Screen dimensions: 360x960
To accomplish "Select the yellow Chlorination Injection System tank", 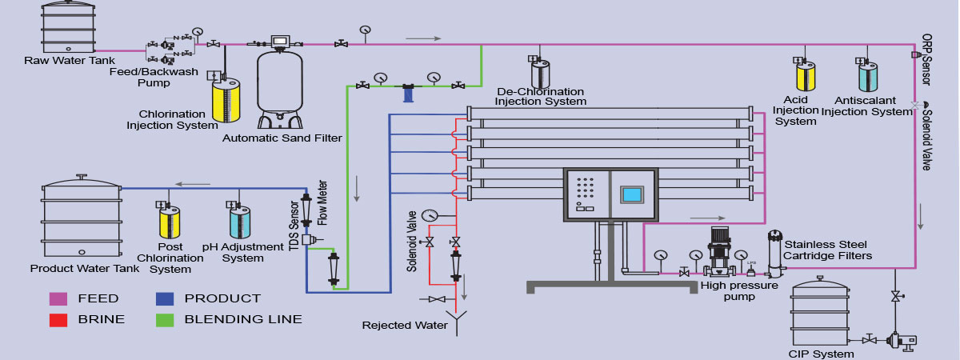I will pyautogui.click(x=226, y=100).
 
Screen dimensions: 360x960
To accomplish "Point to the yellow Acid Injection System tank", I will pyautogui.click(x=804, y=77).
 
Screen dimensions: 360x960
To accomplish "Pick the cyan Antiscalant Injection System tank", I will pyautogui.click(x=868, y=77).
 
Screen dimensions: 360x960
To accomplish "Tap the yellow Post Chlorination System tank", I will pyautogui.click(x=170, y=222).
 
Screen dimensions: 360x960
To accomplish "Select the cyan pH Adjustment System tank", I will pyautogui.click(x=240, y=222).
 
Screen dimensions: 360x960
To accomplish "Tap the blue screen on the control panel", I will pyautogui.click(x=632, y=195).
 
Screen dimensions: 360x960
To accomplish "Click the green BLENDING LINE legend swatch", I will pyautogui.click(x=164, y=319).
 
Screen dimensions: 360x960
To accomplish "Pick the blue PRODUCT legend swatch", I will pyautogui.click(x=164, y=298).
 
